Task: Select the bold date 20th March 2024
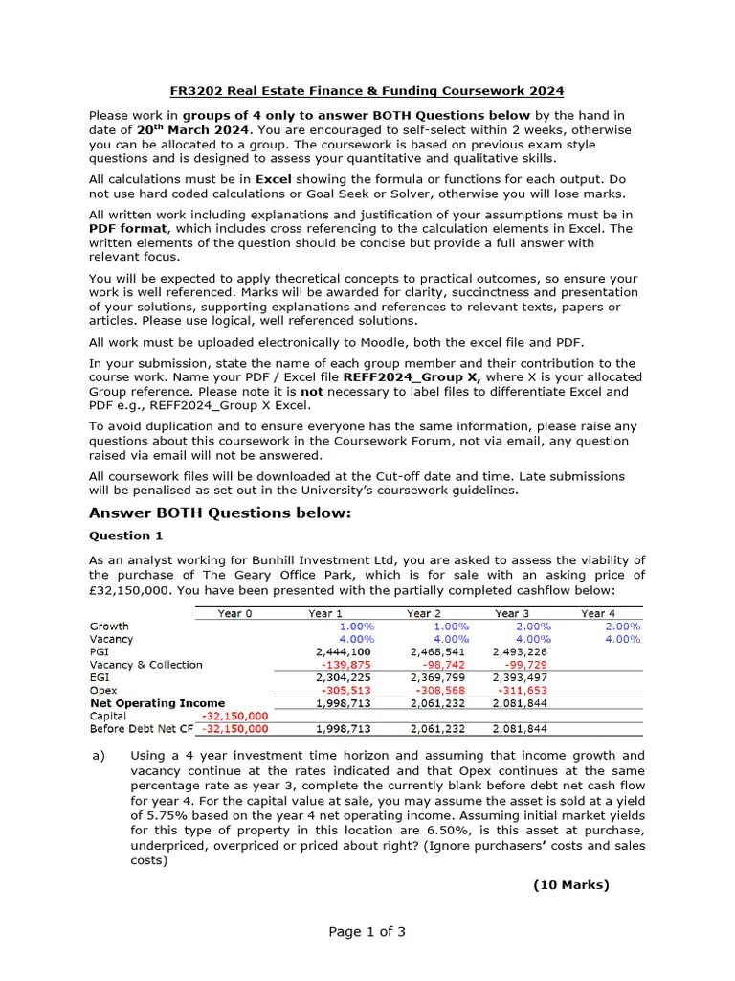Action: point(192,129)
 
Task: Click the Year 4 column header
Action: point(598,613)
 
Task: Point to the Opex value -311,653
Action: point(527,690)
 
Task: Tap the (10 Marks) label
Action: point(570,884)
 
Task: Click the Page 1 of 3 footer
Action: point(367,931)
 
